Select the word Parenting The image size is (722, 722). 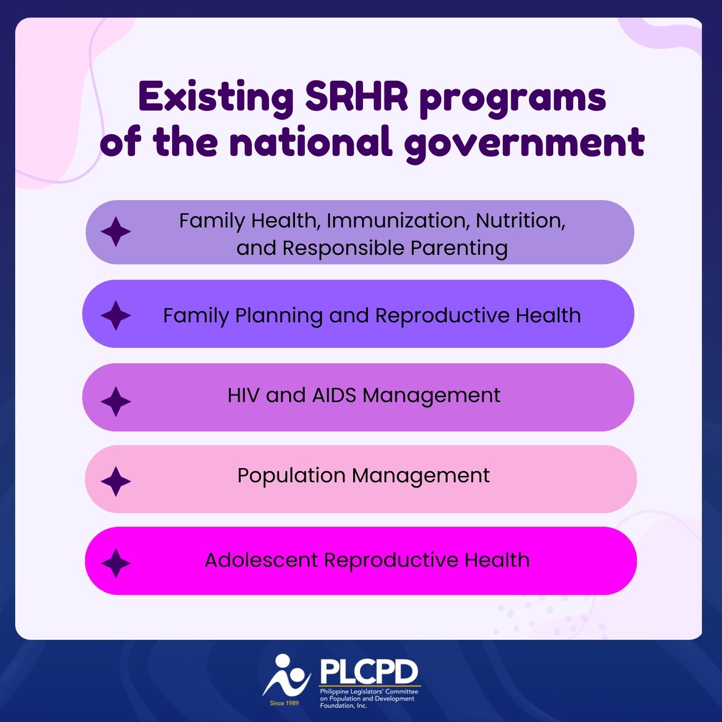[x=459, y=248]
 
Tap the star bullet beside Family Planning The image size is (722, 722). [x=116, y=316]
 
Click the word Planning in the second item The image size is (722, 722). [x=278, y=316]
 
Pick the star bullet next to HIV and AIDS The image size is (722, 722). [x=116, y=402]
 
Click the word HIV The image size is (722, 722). [x=243, y=395]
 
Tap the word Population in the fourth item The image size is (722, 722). [x=291, y=475]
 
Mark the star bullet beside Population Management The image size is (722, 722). [x=116, y=481]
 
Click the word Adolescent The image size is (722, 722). [x=261, y=560]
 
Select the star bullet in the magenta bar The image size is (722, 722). [x=116, y=563]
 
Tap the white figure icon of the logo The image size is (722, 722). [x=286, y=676]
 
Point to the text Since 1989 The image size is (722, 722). [x=284, y=703]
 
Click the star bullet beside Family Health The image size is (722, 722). [x=116, y=232]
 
